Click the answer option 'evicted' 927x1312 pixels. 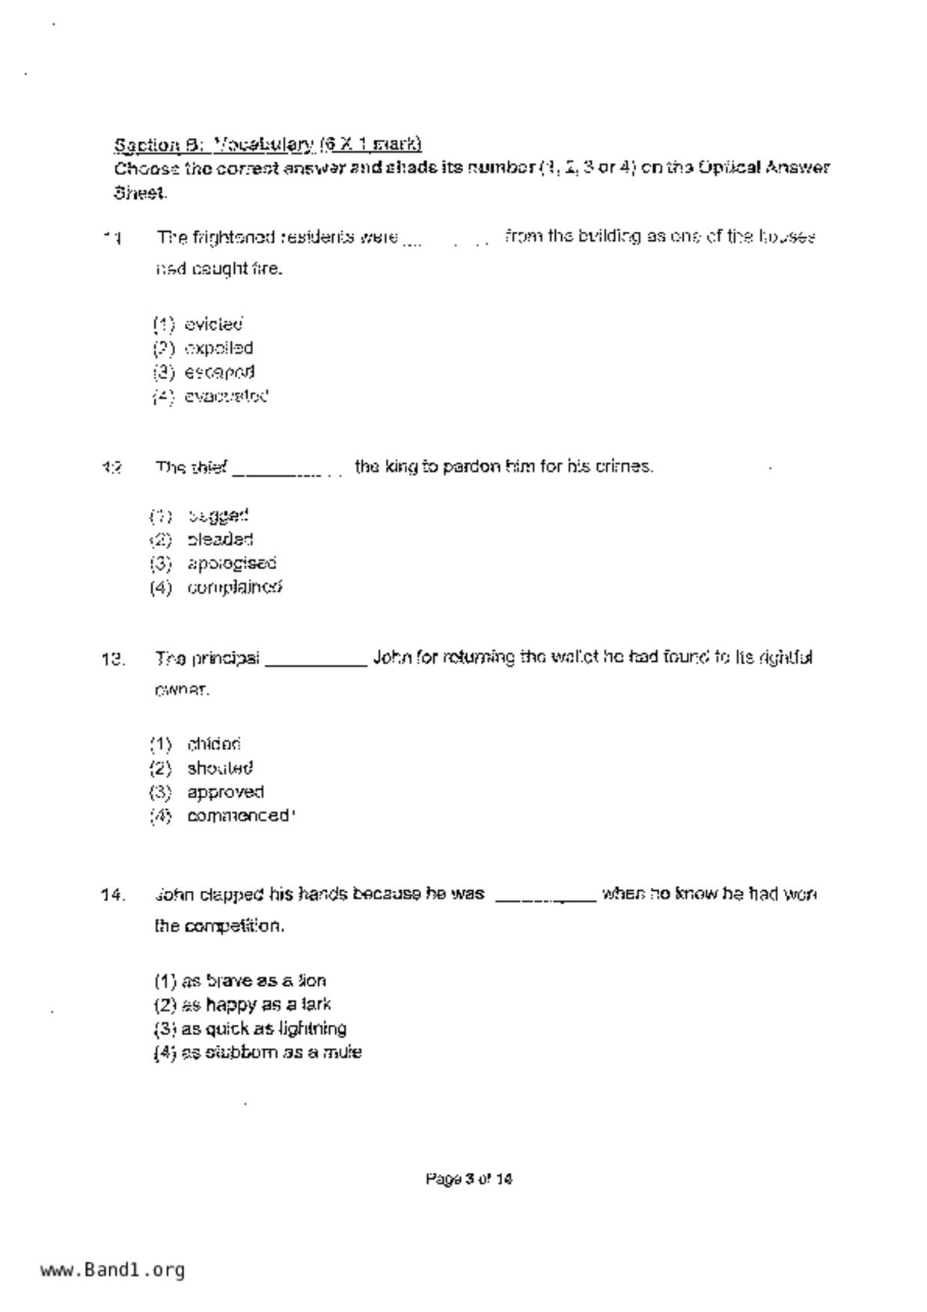[213, 325]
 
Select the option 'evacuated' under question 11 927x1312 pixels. [226, 396]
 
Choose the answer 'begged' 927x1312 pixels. [218, 516]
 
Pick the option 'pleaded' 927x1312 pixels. [220, 540]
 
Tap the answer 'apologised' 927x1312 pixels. [231, 563]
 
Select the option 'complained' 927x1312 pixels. [234, 588]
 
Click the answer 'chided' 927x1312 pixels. [214, 745]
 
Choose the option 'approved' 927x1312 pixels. [225, 792]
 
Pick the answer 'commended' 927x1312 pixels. [238, 816]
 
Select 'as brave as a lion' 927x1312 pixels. [240, 981]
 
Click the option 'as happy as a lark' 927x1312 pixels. [242, 1005]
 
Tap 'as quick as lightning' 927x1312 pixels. [250, 1029]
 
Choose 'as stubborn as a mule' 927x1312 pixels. [258, 1053]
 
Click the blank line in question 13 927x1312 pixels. [316, 661]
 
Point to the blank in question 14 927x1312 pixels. [545, 897]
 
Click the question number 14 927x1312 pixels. [112, 895]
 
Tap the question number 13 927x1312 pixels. [112, 660]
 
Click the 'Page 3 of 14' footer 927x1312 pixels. [469, 1180]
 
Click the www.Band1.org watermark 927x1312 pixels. [113, 1270]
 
